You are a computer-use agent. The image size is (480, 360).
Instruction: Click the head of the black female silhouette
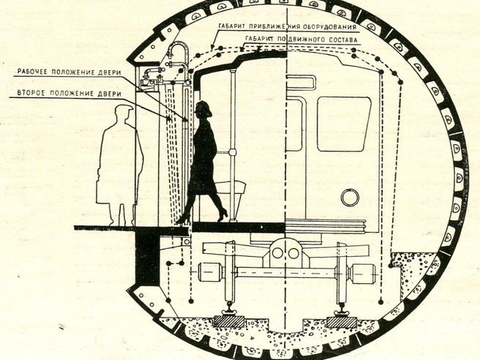pos(203,109)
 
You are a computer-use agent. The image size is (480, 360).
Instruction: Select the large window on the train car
pos(343,124)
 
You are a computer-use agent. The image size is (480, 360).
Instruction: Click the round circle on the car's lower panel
pos(350,197)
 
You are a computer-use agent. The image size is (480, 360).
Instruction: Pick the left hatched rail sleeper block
pos(229,321)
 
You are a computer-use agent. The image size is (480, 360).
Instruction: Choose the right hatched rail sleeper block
pos(341,322)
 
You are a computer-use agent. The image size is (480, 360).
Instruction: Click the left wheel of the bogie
pos(230,272)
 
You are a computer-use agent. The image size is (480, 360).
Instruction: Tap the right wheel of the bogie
pos(342,272)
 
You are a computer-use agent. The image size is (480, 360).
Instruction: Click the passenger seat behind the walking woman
pos(230,187)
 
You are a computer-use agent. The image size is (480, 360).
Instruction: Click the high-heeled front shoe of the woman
pos(222,214)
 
